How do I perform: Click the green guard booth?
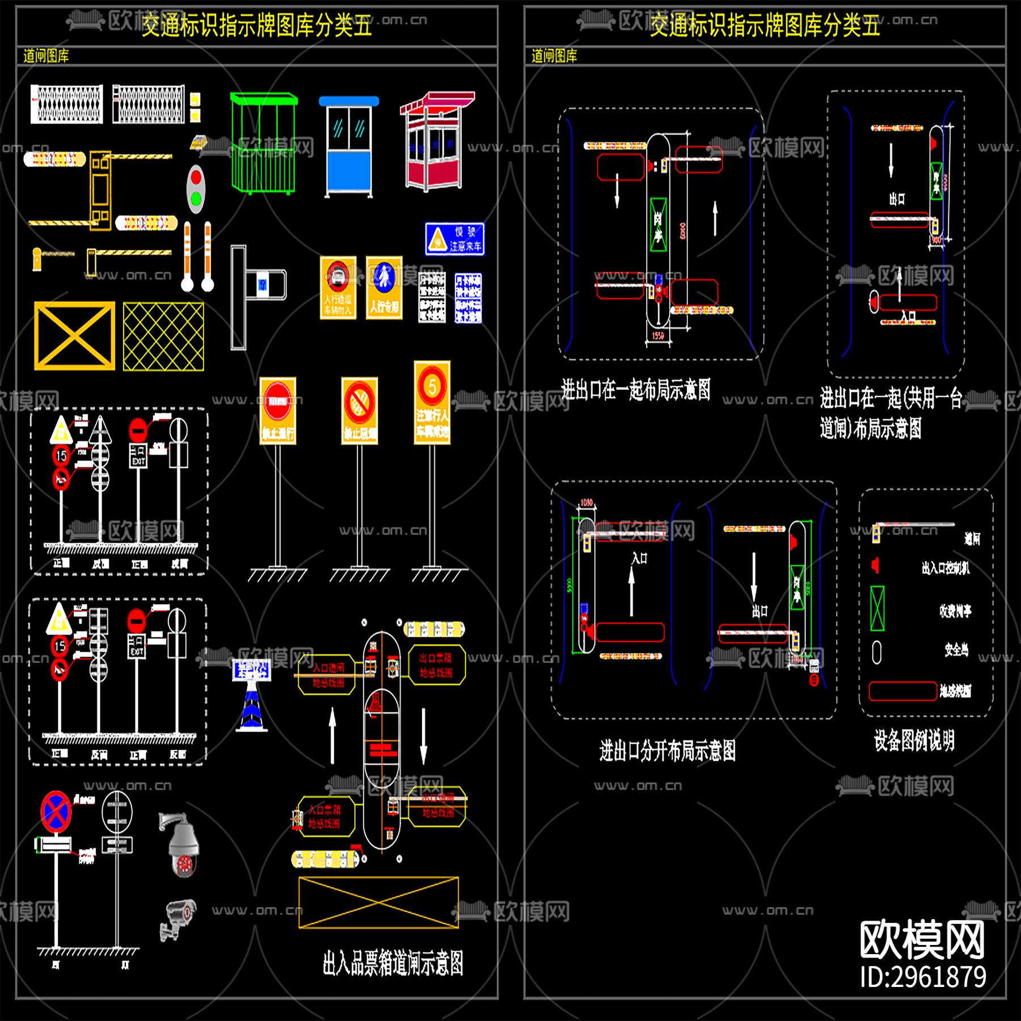[264, 145]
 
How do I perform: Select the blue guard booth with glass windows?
[349, 147]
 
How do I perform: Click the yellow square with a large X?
[74, 336]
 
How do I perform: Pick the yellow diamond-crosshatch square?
[163, 336]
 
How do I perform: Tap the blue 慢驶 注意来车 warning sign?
[455, 239]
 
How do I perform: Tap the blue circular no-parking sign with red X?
[56, 812]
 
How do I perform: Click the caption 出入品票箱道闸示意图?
[393, 963]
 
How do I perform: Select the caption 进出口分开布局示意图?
[668, 750]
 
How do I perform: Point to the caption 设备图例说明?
[914, 740]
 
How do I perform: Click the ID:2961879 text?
[923, 977]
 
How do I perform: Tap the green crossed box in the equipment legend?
[877, 609]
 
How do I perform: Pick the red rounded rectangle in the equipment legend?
[902, 691]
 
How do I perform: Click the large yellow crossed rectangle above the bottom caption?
[378, 902]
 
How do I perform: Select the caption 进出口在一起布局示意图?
[635, 390]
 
